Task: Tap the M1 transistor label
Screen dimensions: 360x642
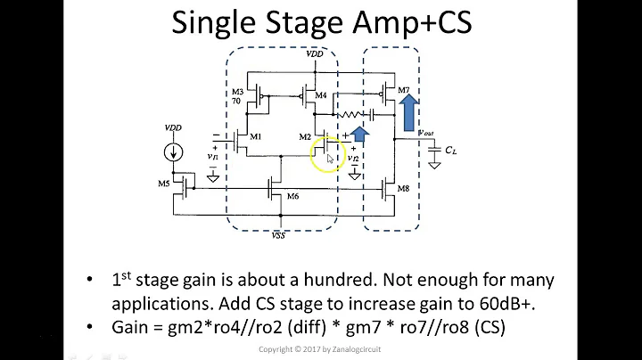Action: tap(256, 136)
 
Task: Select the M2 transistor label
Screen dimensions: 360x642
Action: tap(305, 136)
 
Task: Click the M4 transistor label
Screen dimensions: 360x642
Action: tap(320, 94)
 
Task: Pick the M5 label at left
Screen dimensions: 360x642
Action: tap(164, 184)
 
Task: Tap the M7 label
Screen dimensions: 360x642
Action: tap(402, 91)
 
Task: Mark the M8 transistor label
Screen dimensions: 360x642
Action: tap(402, 189)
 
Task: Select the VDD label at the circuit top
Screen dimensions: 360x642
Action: tap(315, 53)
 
